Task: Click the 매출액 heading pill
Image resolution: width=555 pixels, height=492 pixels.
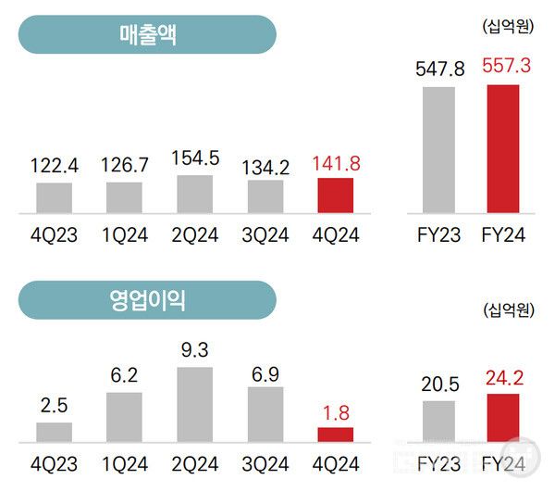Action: click(148, 35)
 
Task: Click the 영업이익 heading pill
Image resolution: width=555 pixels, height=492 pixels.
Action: click(148, 300)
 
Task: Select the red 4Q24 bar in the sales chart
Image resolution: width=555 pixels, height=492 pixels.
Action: click(335, 196)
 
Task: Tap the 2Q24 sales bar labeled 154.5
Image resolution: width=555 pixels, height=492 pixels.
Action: click(195, 195)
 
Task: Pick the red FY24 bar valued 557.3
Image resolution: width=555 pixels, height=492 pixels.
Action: click(503, 149)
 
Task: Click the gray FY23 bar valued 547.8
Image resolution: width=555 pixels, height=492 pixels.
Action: click(439, 150)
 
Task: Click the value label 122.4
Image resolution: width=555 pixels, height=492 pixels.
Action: click(55, 168)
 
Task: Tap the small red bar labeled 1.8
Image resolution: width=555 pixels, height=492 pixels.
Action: click(335, 435)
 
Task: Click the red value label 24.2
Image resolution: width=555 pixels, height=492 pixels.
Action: click(503, 379)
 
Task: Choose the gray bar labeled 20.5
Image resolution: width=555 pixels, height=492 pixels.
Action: click(439, 422)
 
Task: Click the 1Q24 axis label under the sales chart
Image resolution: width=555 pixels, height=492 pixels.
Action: click(125, 235)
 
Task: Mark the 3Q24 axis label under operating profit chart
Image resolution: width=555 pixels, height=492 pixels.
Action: click(265, 462)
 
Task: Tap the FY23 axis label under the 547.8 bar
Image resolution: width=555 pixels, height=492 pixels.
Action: click(439, 235)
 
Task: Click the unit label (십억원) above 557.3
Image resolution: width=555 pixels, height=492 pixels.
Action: click(508, 27)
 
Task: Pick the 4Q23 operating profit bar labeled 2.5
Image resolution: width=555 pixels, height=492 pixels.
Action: click(55, 432)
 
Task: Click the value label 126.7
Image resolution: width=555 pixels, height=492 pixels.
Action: click(125, 168)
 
